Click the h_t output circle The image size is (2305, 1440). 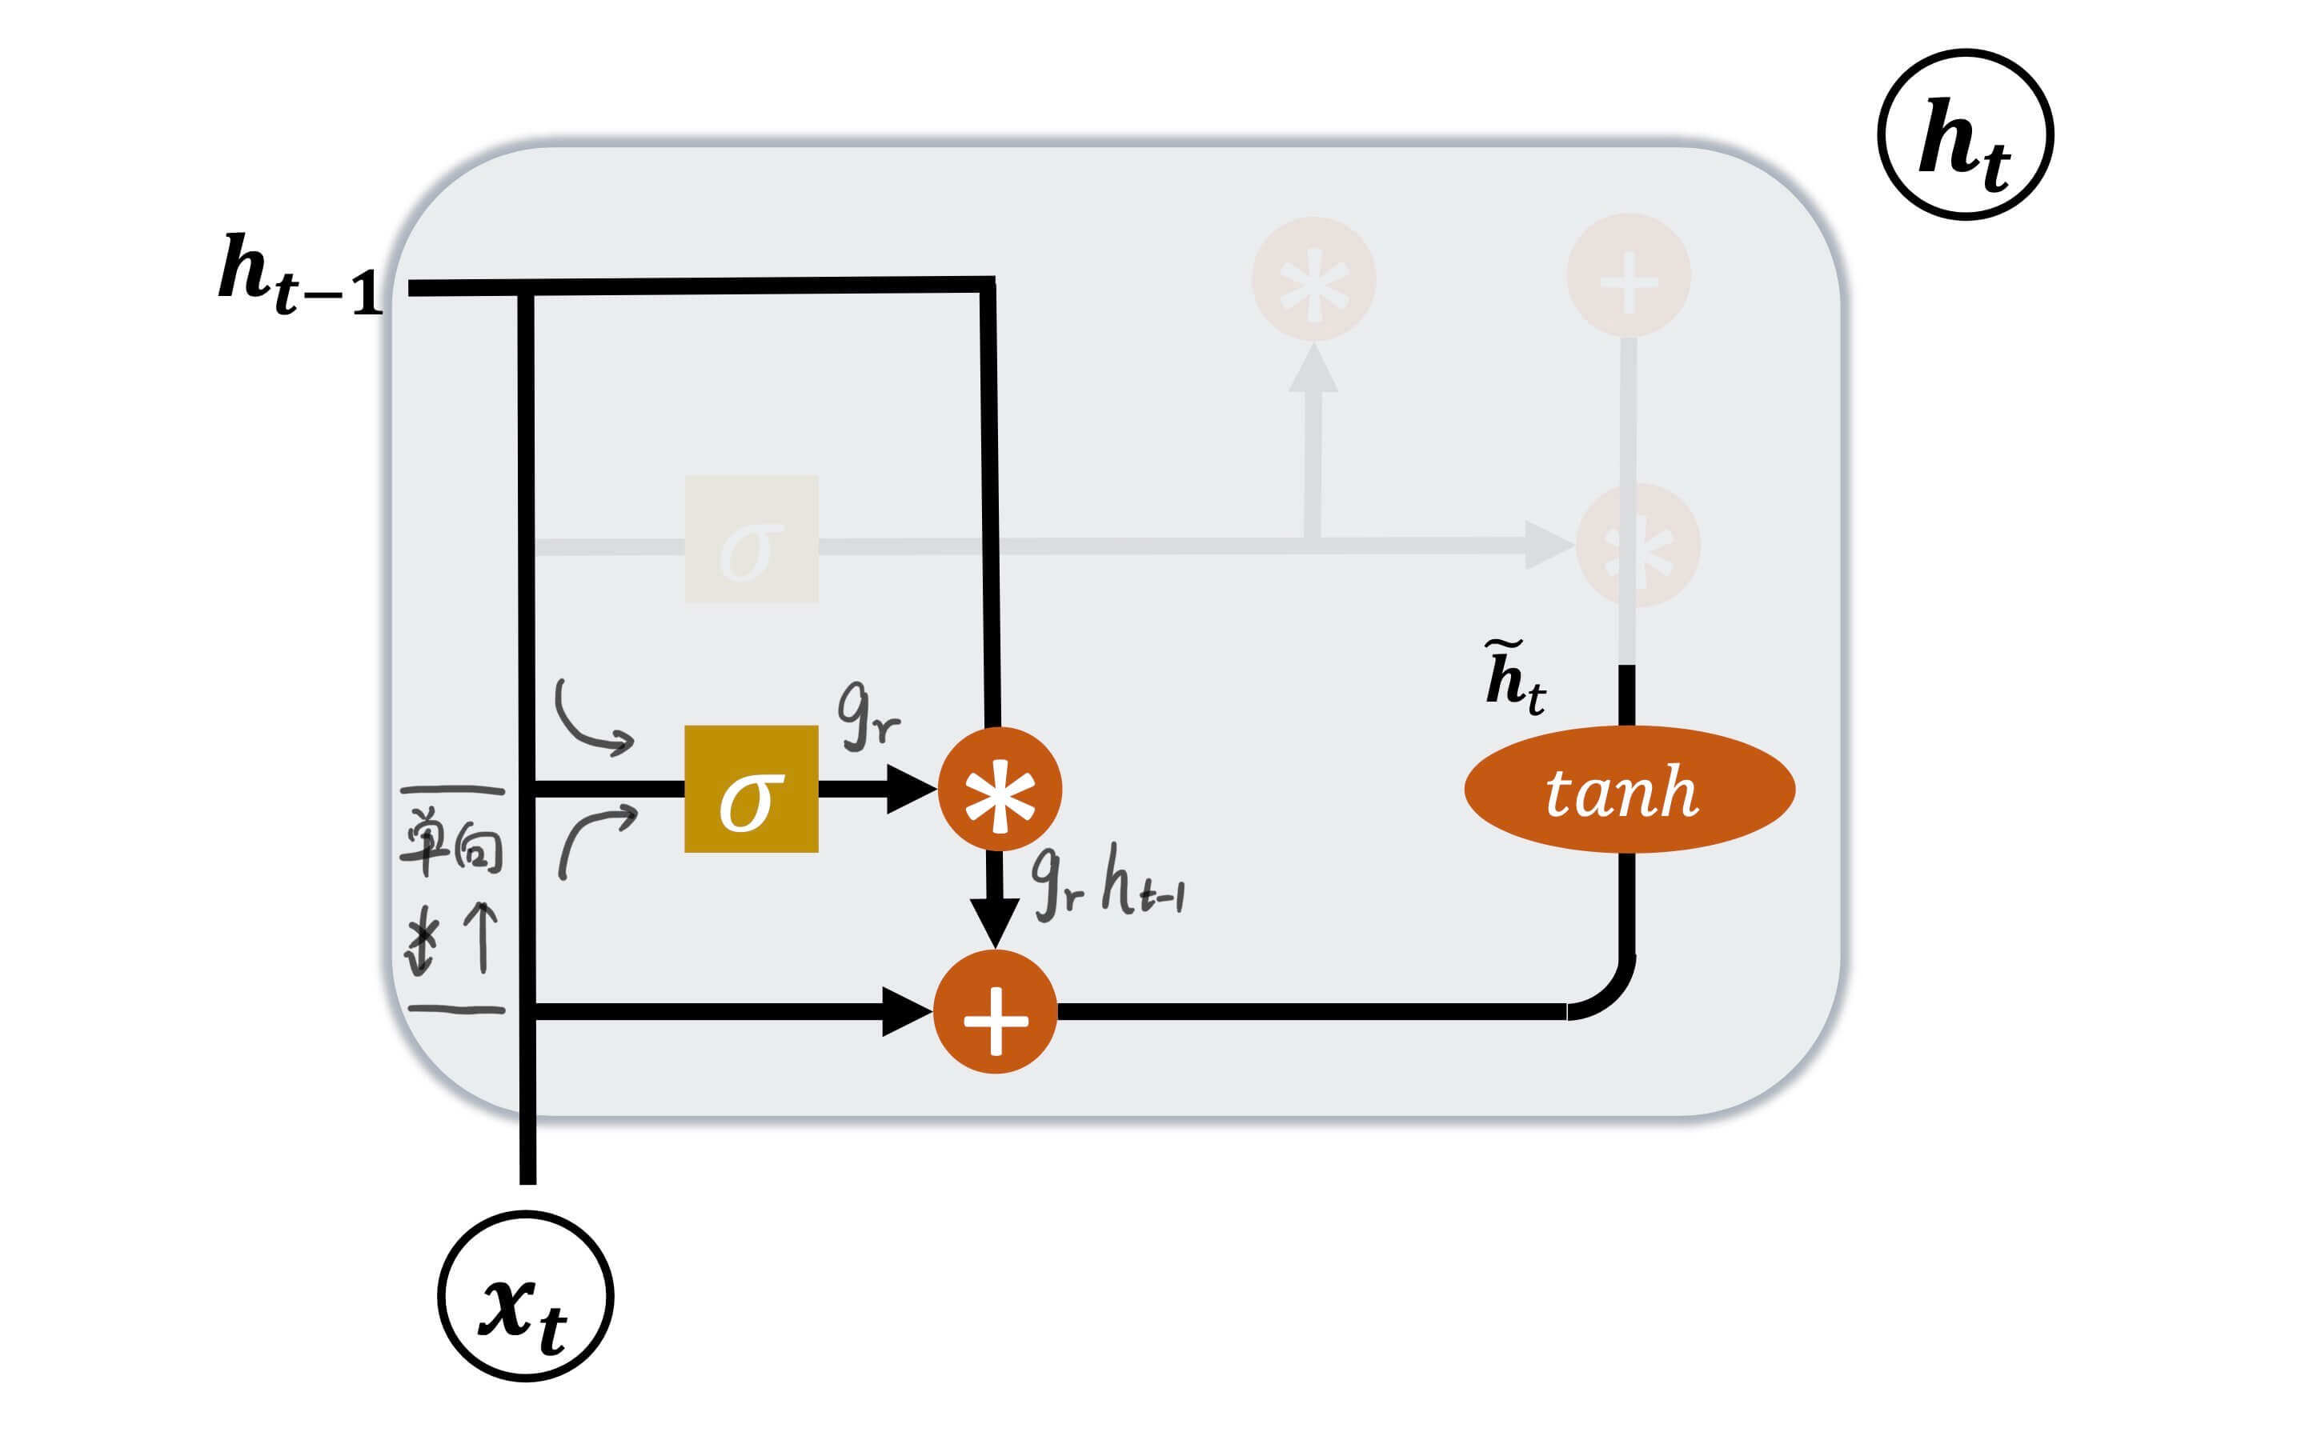click(x=1965, y=134)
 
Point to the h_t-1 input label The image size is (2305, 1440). click(x=300, y=274)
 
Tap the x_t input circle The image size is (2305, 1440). click(x=526, y=1295)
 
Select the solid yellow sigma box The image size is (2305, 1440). click(x=751, y=789)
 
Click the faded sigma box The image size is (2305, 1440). click(x=751, y=539)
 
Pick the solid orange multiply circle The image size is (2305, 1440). click(x=999, y=789)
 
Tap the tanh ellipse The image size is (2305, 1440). click(x=1629, y=789)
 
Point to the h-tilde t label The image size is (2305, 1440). click(x=1514, y=678)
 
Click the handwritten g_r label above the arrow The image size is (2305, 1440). click(x=867, y=716)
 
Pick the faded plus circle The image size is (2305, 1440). click(x=1629, y=276)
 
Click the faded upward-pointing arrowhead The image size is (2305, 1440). click(x=1313, y=370)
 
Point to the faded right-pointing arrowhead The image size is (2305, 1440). click(x=1547, y=545)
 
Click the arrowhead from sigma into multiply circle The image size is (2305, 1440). click(x=911, y=789)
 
